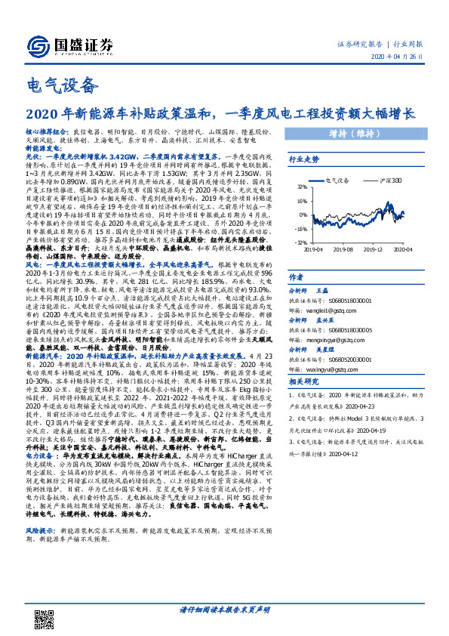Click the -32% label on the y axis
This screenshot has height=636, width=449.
300,242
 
